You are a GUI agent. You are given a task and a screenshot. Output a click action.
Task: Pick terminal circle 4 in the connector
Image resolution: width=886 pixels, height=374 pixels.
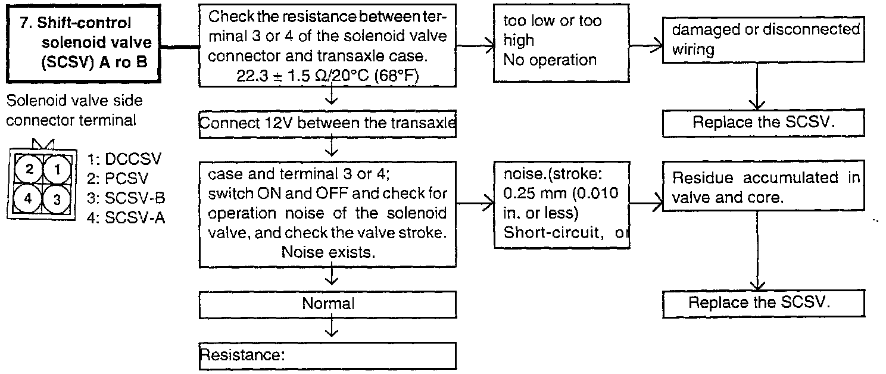click(x=28, y=198)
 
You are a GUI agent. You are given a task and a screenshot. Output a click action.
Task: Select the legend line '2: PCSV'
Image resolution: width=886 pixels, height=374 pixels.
click(x=118, y=178)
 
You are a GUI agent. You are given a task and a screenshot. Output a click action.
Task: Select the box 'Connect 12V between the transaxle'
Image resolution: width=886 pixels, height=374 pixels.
click(x=328, y=124)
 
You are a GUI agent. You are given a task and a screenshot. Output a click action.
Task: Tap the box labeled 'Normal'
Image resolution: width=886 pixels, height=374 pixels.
click(x=328, y=304)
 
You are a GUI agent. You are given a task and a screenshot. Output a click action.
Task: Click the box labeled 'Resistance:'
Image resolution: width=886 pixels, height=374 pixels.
click(x=328, y=356)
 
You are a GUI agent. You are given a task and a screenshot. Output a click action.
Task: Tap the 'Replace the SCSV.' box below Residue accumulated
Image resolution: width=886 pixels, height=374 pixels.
click(x=763, y=303)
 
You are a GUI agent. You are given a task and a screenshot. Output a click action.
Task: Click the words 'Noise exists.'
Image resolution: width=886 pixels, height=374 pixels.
click(x=328, y=253)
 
